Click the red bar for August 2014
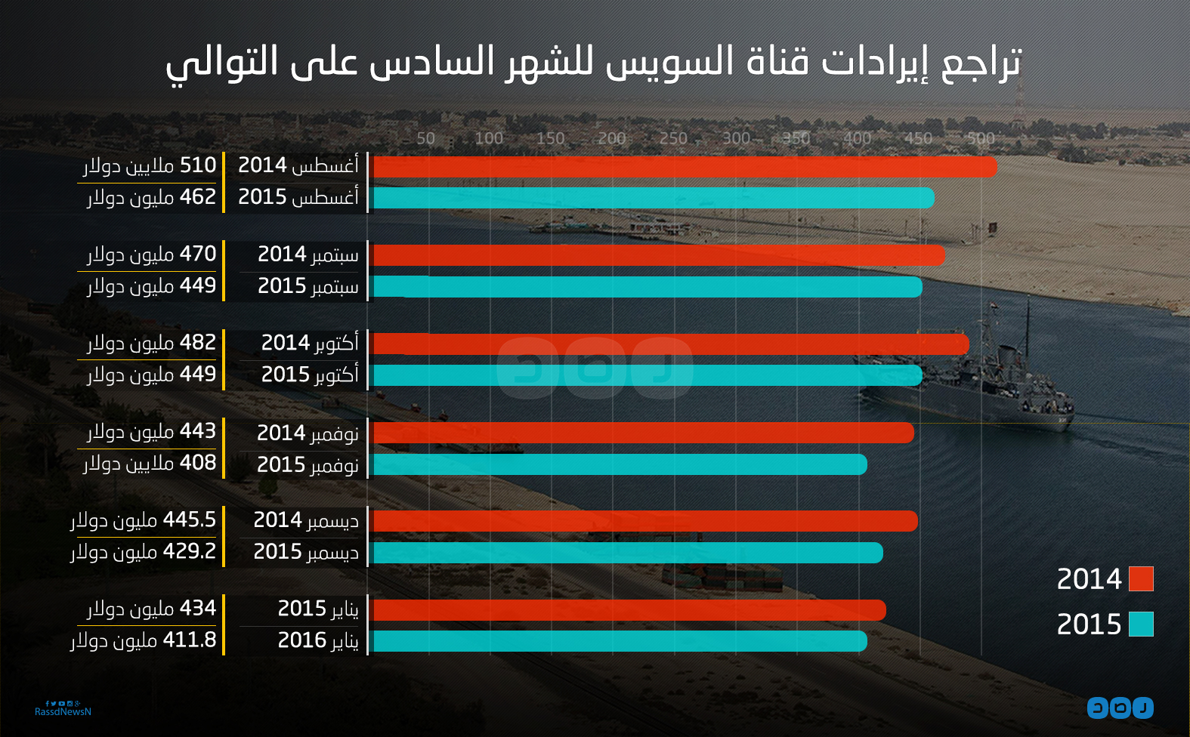click(x=684, y=167)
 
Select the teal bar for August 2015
click(x=654, y=198)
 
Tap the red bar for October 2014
click(x=671, y=344)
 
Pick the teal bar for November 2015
click(x=620, y=464)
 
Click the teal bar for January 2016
click(x=620, y=641)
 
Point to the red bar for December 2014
click(x=645, y=521)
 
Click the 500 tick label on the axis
click(x=981, y=139)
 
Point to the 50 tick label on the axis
click(x=426, y=139)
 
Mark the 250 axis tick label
click(x=673, y=139)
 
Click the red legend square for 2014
click(x=1141, y=579)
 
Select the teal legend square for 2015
click(x=1141, y=624)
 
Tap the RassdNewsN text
click(x=63, y=712)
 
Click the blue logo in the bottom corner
click(x=1120, y=708)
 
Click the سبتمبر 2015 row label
click(x=308, y=286)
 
